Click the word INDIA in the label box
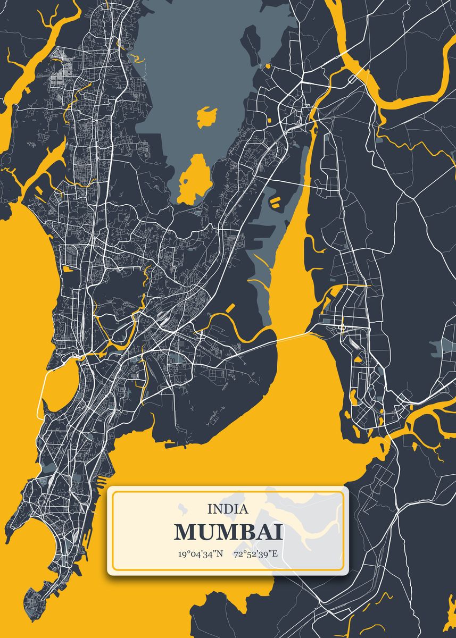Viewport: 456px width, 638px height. coord(228,509)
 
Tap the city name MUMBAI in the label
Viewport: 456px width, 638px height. coord(228,532)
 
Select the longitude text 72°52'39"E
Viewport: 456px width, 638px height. coord(255,554)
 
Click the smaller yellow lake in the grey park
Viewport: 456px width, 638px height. coord(206,116)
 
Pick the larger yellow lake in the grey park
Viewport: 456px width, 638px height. coord(194,178)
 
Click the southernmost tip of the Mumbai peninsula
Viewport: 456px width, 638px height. coord(32,617)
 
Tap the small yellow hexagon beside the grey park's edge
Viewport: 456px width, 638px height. coord(268,66)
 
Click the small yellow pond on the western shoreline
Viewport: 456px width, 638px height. coord(68,269)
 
